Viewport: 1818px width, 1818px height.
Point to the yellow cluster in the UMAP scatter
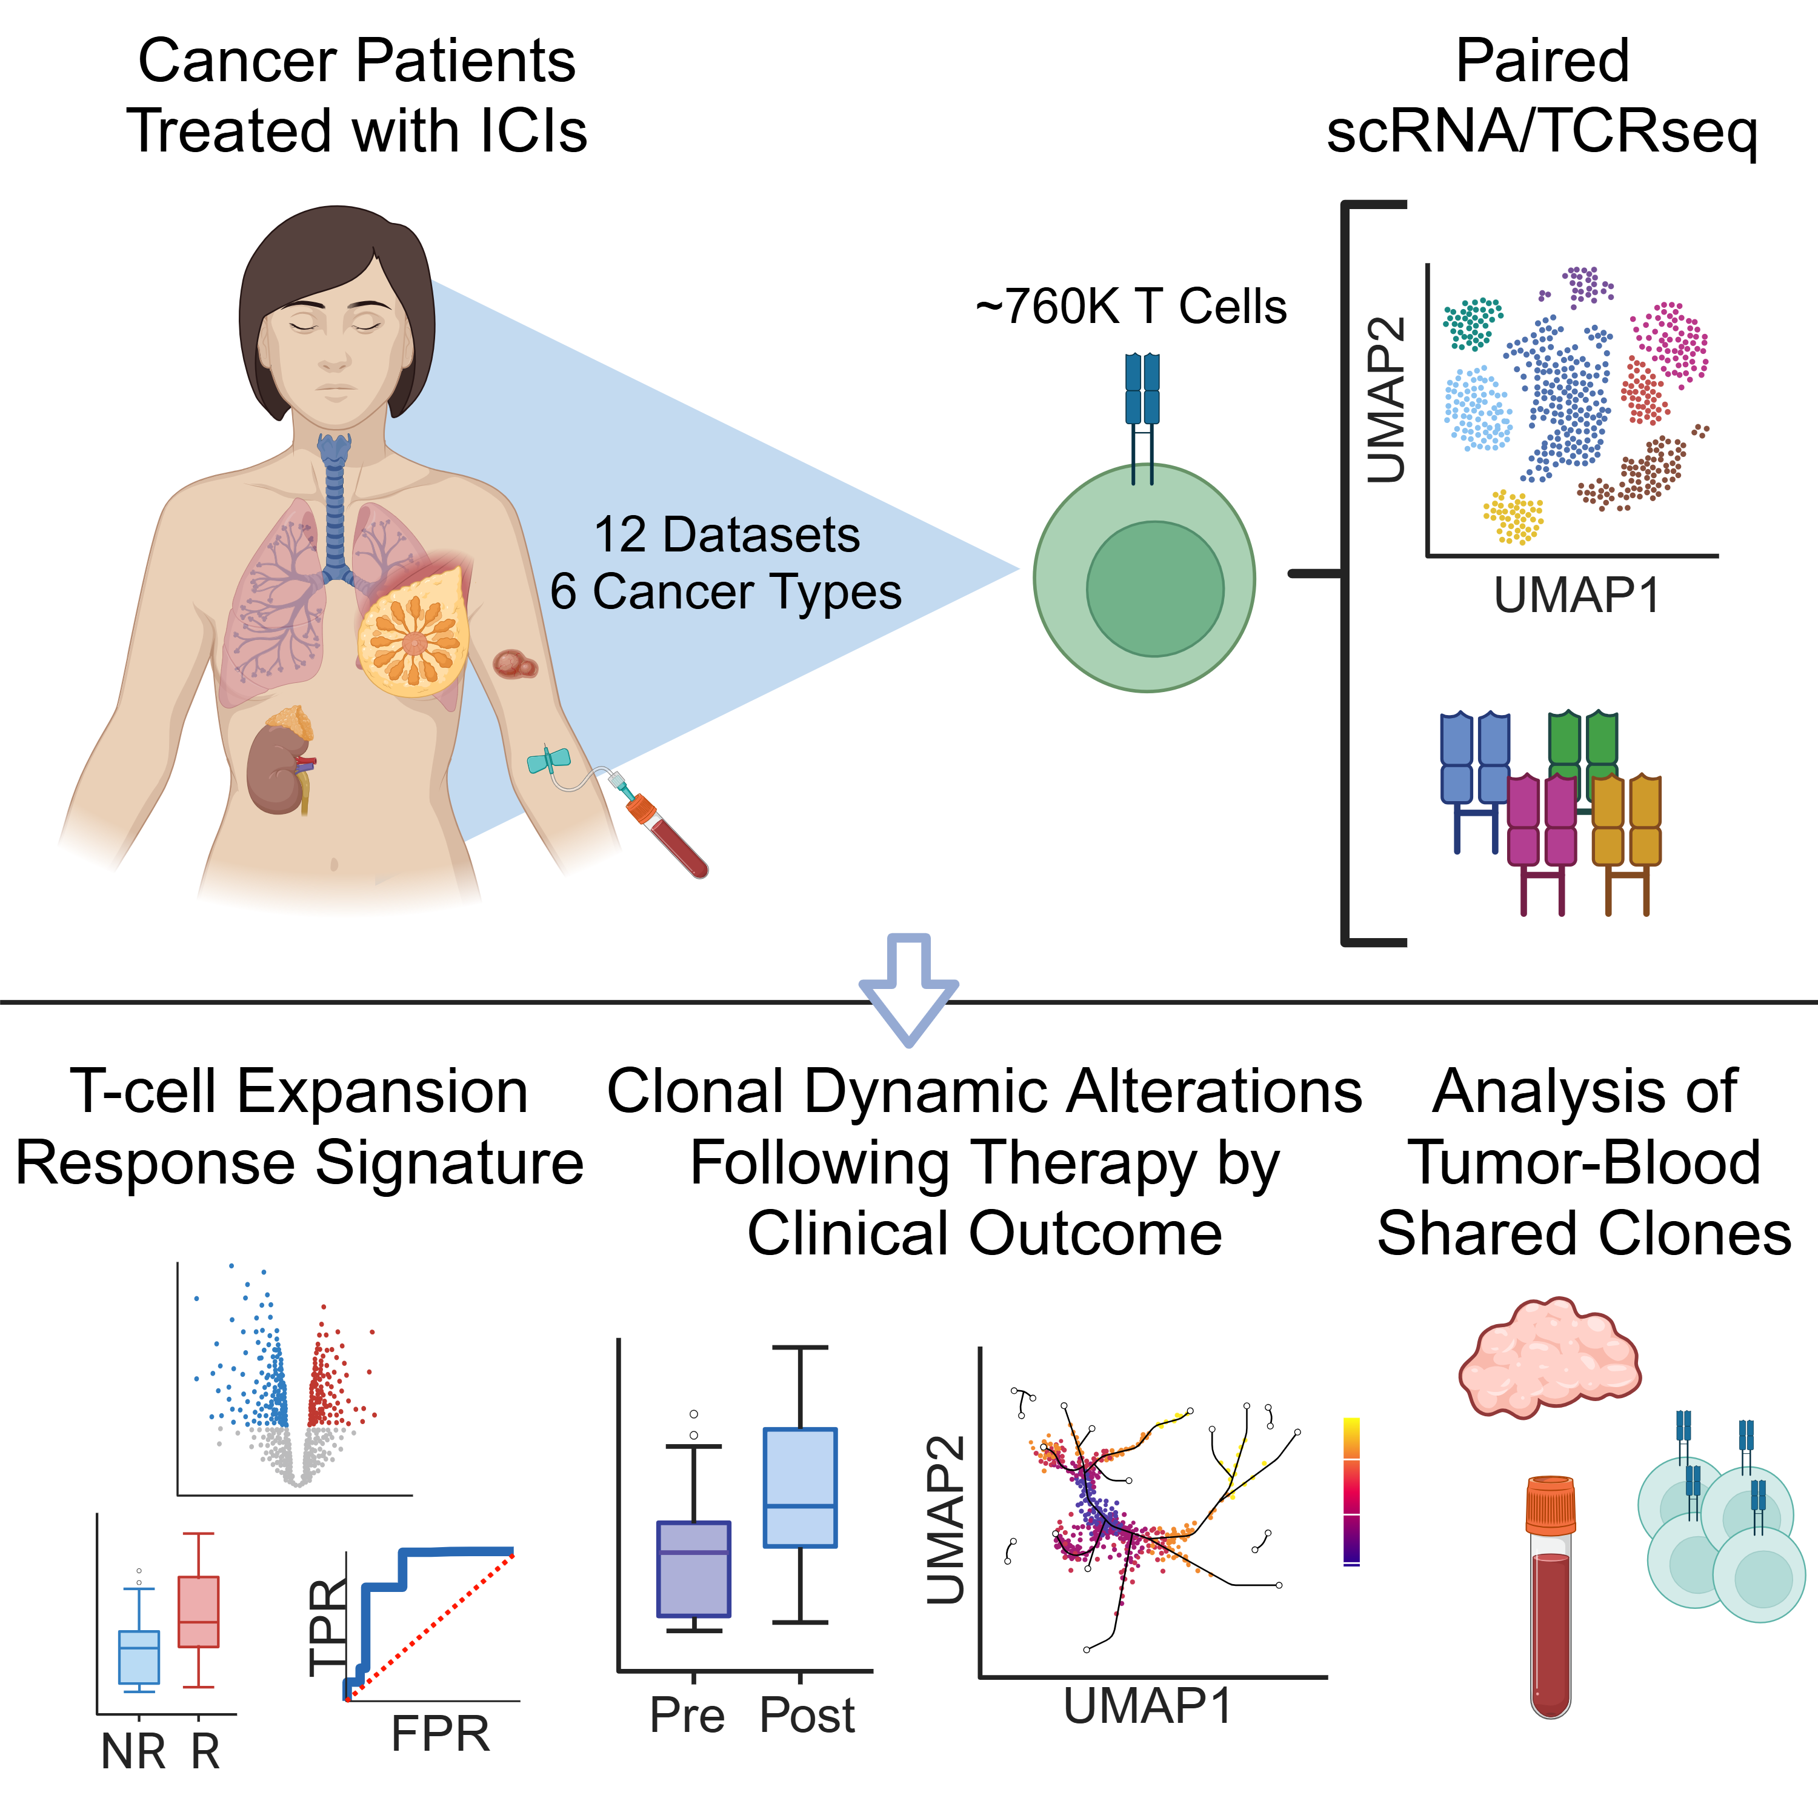pyautogui.click(x=1514, y=516)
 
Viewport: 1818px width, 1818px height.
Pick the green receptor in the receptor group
pyautogui.click(x=1583, y=748)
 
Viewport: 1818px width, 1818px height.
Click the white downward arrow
pyautogui.click(x=908, y=988)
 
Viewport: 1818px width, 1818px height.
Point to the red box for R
pyautogui.click(x=199, y=1611)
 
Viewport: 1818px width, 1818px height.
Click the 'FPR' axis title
pyautogui.click(x=441, y=1733)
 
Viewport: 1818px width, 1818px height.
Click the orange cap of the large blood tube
pyautogui.click(x=1550, y=1505)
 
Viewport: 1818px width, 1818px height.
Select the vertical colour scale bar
pyautogui.click(x=1351, y=1490)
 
